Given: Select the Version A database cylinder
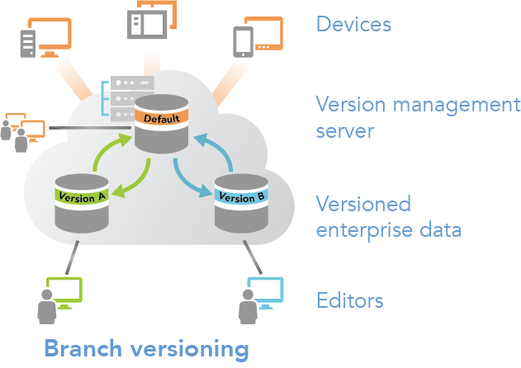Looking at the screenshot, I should [x=82, y=202].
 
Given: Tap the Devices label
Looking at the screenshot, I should [x=353, y=24].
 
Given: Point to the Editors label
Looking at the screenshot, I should [x=349, y=300].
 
